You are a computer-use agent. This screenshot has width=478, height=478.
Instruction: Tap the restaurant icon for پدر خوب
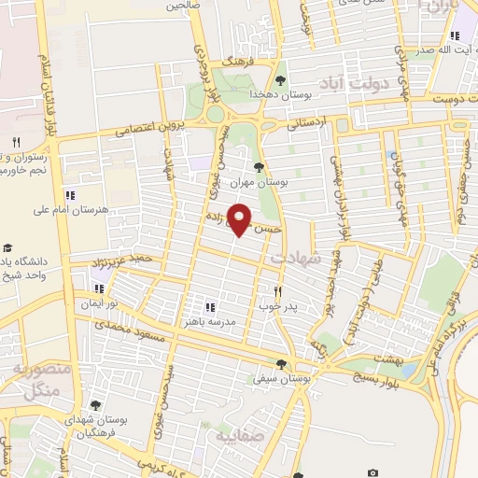pos(277,290)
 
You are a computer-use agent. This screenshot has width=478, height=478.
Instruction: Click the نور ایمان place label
pos(99,305)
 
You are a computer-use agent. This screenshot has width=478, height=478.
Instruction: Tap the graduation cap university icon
pos(7,248)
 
